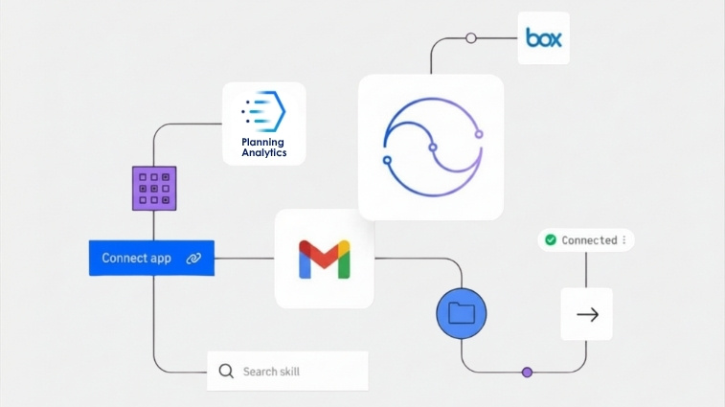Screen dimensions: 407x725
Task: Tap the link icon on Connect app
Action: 193,259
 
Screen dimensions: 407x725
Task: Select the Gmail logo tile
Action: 325,259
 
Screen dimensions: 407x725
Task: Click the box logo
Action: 544,38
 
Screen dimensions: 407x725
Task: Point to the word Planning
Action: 263,142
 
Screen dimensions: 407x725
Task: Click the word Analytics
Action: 263,152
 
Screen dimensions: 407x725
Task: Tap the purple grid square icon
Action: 154,189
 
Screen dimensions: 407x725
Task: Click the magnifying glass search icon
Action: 226,371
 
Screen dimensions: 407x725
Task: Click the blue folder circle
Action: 462,312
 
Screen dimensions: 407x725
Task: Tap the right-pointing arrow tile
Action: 587,314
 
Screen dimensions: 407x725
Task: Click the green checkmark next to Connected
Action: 551,239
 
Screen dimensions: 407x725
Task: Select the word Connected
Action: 589,240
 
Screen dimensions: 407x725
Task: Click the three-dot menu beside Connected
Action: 624,240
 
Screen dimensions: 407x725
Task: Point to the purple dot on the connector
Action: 526,372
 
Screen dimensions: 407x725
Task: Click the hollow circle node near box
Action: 470,38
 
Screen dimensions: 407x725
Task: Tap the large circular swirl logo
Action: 431,147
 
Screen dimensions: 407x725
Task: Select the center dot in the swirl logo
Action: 433,147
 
